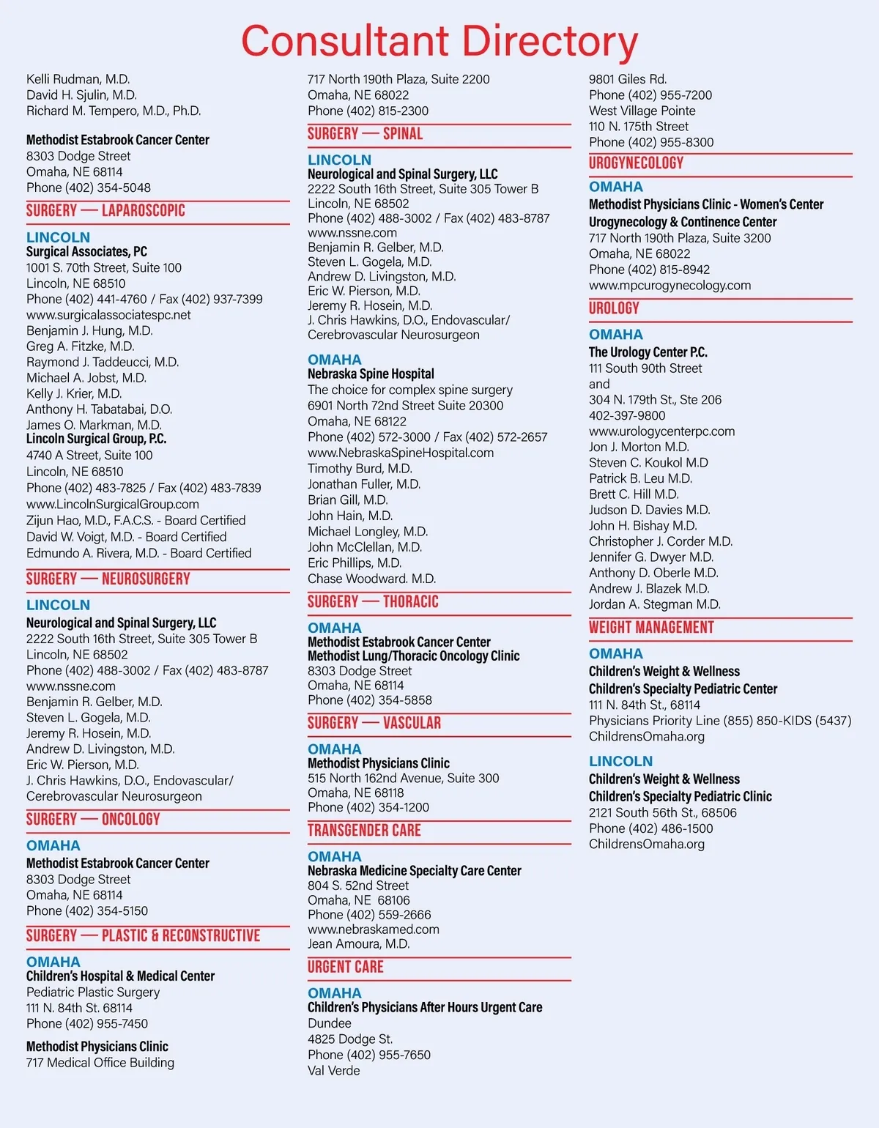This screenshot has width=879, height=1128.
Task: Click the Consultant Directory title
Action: coord(439,41)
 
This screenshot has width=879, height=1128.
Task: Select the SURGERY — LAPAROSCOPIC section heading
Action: coord(105,211)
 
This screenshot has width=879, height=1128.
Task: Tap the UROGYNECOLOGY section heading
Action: coord(636,163)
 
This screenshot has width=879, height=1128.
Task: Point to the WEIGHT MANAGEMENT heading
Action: coord(651,628)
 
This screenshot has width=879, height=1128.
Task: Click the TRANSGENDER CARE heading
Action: coord(364,831)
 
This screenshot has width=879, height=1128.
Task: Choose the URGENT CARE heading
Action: coord(345,967)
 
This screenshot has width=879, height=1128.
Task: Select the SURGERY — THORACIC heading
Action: coord(373,602)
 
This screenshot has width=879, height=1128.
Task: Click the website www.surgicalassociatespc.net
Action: coord(108,315)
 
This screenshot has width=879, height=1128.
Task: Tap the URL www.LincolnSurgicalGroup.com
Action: coord(113,504)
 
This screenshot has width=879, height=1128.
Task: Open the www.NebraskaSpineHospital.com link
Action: coord(401,453)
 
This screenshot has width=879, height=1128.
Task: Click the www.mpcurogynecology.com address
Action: coord(670,285)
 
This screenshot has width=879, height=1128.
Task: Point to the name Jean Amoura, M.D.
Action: coord(358,944)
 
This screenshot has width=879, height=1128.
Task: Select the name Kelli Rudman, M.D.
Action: coord(78,79)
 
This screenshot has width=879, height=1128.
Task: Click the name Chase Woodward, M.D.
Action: coord(371,579)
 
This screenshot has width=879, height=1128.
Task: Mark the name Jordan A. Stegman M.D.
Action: coord(654,604)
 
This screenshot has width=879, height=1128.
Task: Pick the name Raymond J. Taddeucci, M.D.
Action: coord(103,362)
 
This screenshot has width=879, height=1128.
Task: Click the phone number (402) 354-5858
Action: coord(389,700)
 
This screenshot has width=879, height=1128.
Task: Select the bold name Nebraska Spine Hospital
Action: coord(371,374)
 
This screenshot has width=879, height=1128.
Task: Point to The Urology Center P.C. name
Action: coord(648,352)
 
